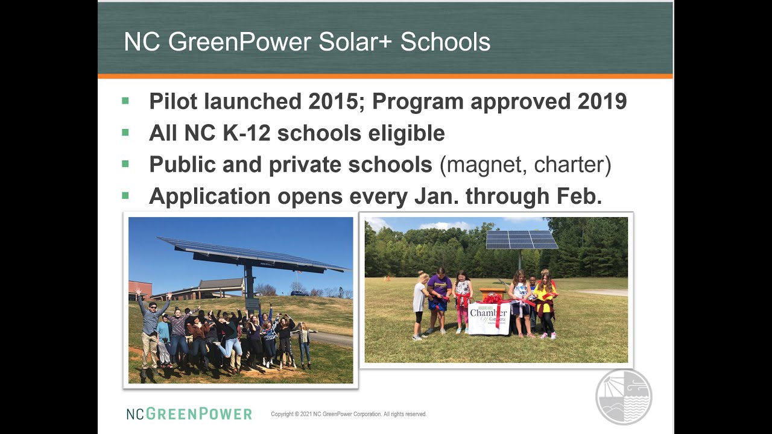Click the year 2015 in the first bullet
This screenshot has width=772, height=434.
coord(334,101)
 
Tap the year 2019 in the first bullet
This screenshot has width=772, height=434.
coord(602,101)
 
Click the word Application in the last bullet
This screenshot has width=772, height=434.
coord(209,196)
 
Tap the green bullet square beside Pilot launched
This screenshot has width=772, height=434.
coord(125,101)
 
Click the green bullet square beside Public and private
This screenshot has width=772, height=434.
coord(125,164)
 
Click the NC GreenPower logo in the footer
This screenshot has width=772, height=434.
coord(189,414)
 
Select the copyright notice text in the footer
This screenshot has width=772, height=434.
coord(349,414)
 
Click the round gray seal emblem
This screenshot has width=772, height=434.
coord(624,397)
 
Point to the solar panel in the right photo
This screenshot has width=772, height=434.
coord(522,239)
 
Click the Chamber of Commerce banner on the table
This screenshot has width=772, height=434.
coord(489,318)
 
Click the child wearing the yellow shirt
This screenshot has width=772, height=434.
coord(546,298)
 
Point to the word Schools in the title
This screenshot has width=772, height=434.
coord(445,42)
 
